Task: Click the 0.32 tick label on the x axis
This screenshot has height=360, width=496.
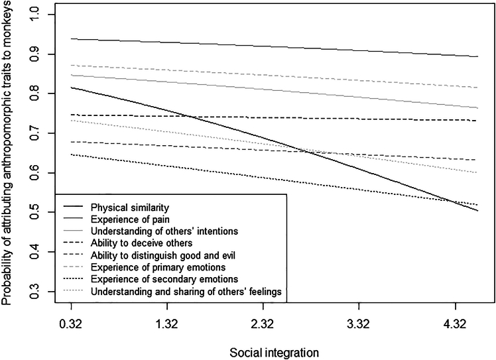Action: point(70,327)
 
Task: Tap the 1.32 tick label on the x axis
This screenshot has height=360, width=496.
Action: point(166,327)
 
